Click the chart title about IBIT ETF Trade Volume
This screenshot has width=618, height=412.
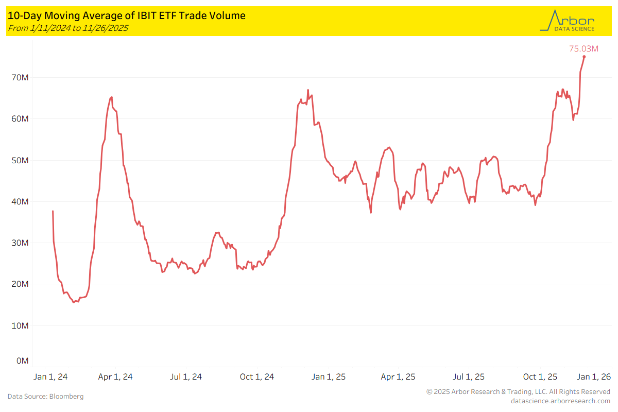tap(127, 16)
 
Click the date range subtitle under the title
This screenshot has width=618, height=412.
tap(68, 28)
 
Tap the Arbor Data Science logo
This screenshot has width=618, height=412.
tap(567, 21)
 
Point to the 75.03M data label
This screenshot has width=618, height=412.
tap(583, 49)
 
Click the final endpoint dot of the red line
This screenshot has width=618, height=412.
tap(584, 57)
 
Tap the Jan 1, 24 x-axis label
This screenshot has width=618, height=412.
tap(50, 377)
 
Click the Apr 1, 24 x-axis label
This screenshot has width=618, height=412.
tap(115, 377)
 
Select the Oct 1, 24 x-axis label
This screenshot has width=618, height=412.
tap(257, 377)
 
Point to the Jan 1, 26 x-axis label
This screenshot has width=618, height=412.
tap(593, 377)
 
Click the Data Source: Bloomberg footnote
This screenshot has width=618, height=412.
tap(45, 396)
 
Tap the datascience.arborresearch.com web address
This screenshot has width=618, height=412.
tap(560, 401)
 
